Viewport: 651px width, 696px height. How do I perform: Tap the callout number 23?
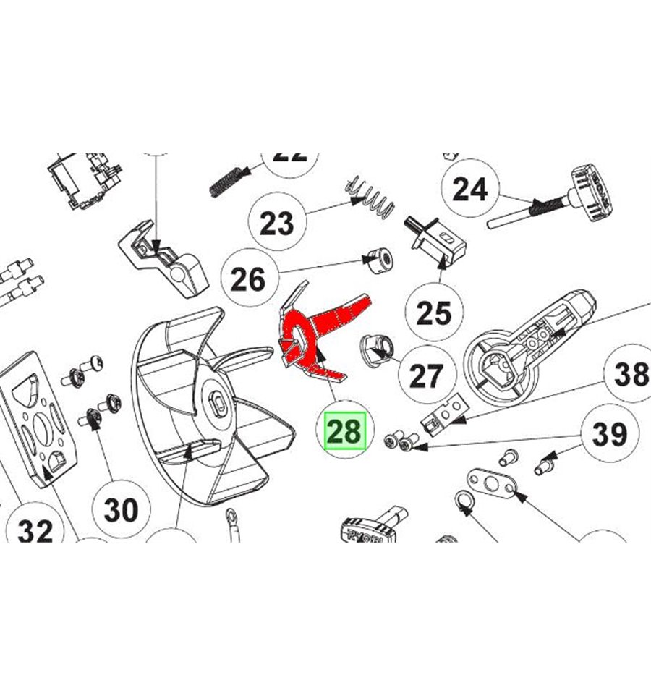pos(276,223)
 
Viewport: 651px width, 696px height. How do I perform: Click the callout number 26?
pos(248,279)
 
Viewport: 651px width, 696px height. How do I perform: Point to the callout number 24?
pos(469,190)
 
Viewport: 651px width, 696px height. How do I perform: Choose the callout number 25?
pos(434,313)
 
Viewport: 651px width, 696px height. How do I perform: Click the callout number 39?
pos(609,434)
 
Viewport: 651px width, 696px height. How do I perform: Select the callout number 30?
pos(121,509)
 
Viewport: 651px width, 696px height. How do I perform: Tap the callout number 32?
pos(35,531)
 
